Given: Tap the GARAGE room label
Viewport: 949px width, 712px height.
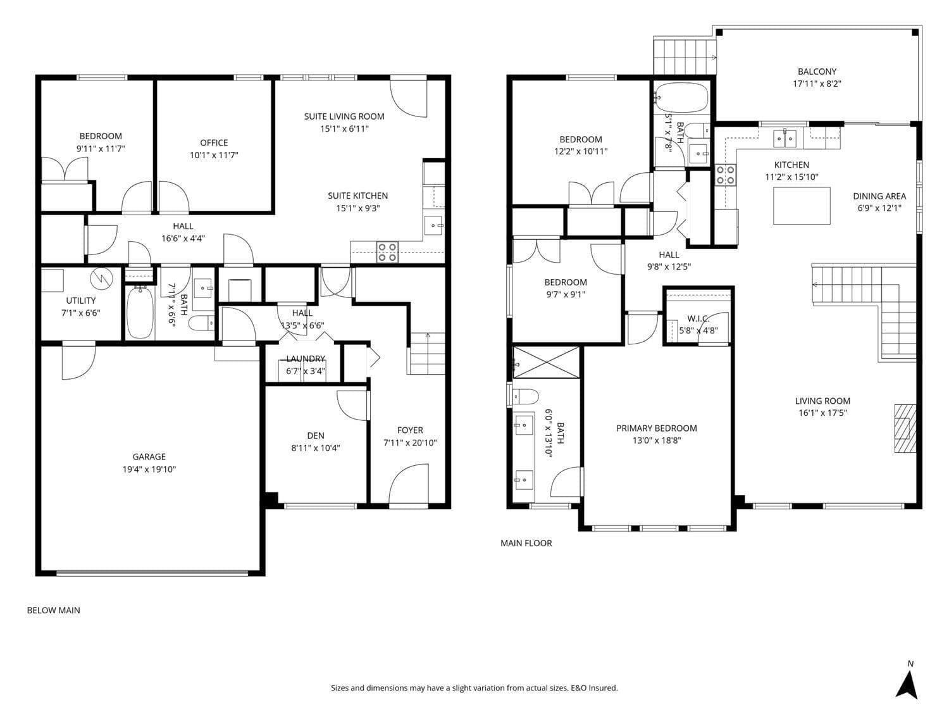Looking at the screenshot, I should [149, 456].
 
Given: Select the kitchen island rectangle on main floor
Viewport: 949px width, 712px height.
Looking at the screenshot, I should [802, 206].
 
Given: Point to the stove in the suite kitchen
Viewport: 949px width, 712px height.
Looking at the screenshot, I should [387, 252].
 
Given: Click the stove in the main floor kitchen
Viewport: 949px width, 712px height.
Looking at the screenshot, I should [725, 175].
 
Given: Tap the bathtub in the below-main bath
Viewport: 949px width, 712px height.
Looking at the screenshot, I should [140, 313].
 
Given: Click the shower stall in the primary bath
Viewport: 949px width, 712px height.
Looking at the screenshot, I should [546, 362].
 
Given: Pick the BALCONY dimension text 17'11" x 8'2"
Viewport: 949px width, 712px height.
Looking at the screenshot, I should [817, 84].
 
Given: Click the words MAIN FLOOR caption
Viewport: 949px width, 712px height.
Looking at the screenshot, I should [526, 543].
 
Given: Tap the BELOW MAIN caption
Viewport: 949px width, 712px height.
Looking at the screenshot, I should [53, 610].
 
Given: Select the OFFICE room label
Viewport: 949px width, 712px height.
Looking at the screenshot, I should [214, 142].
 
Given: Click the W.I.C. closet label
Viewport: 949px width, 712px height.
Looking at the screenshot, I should [698, 319].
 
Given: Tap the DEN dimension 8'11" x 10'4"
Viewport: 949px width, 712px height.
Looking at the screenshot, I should [316, 447].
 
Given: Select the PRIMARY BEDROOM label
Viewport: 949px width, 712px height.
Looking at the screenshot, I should [656, 428].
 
